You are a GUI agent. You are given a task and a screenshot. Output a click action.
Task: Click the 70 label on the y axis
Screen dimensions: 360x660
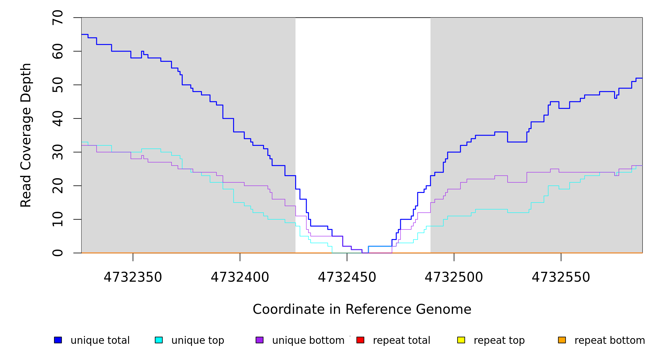[58, 18]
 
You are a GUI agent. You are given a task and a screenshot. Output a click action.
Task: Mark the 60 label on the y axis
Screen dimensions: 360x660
[58, 51]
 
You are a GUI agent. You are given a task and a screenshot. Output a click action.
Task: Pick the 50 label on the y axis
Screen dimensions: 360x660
[58, 85]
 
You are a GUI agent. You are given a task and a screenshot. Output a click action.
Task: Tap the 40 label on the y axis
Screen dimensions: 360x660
[58, 118]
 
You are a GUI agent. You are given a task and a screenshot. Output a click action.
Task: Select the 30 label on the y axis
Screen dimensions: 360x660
[58, 152]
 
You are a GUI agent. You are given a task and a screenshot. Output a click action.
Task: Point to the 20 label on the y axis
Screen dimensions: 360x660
[58, 186]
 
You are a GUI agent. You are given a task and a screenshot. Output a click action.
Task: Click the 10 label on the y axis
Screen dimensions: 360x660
[58, 219]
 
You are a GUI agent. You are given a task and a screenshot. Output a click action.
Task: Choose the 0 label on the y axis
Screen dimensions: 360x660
[58, 253]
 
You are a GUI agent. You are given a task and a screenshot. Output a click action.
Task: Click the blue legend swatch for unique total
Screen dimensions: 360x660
[58, 340]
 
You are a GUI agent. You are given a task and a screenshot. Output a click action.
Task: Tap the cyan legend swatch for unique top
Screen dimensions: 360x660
[159, 340]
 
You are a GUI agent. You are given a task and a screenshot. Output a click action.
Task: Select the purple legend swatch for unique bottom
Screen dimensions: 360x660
[259, 340]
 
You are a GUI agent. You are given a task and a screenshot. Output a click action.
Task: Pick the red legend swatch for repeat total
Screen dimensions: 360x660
[360, 340]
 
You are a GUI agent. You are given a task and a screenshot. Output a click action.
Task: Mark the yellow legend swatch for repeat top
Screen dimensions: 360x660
[461, 340]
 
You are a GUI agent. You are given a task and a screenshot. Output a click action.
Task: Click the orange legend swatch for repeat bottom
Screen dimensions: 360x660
[562, 340]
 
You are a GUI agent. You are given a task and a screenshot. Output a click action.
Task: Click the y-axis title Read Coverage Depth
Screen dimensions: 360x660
[26, 135]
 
